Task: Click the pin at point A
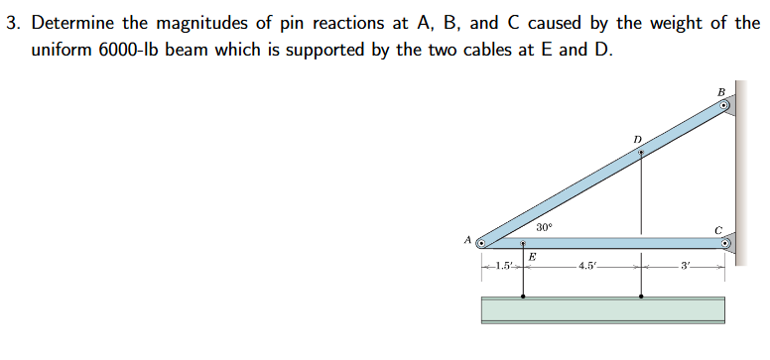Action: point(481,241)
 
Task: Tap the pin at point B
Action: point(725,105)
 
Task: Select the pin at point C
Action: point(725,241)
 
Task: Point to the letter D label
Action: point(638,138)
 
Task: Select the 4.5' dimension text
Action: point(585,267)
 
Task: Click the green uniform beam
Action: point(602,309)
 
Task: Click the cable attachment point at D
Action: point(641,153)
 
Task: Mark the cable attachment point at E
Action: point(524,242)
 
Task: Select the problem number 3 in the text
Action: point(11,23)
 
